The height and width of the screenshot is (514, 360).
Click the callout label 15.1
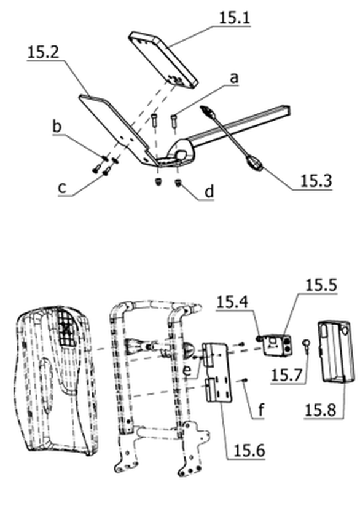pyautogui.click(x=234, y=17)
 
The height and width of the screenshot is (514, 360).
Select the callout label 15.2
pyautogui.click(x=43, y=52)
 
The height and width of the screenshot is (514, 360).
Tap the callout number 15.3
pyautogui.click(x=316, y=181)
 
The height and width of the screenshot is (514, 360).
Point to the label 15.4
pyautogui.click(x=232, y=302)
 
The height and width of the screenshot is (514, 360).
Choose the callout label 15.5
pyautogui.click(x=321, y=285)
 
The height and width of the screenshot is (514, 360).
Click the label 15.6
pyautogui.click(x=249, y=451)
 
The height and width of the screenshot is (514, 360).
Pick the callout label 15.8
pyautogui.click(x=320, y=409)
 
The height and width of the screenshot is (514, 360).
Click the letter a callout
pyautogui.click(x=234, y=78)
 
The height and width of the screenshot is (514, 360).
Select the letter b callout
pyautogui.click(x=57, y=126)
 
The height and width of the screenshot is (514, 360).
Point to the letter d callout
pyautogui.click(x=209, y=191)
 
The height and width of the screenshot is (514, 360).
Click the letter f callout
pyautogui.click(x=260, y=409)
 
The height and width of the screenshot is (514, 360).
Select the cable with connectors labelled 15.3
pyautogui.click(x=231, y=138)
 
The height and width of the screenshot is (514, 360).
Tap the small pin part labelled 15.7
pyautogui.click(x=307, y=347)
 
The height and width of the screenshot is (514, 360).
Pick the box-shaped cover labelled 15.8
pyautogui.click(x=337, y=352)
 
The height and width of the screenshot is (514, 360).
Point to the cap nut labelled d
pyautogui.click(x=179, y=183)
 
